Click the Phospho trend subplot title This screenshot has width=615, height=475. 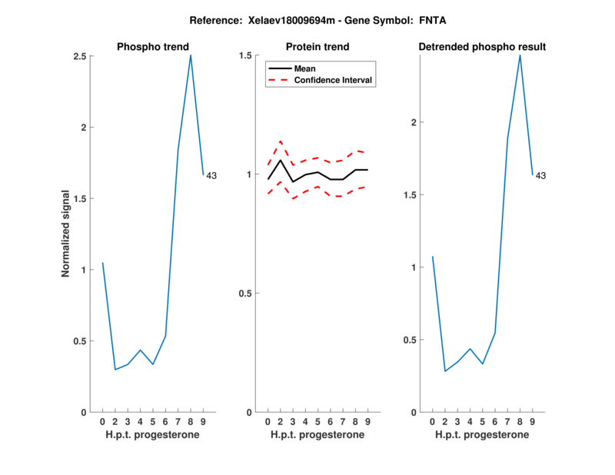(x=152, y=48)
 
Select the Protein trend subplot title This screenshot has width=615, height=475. (x=317, y=48)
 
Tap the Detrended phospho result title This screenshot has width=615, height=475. (x=482, y=48)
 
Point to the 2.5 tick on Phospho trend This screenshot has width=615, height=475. (x=78, y=56)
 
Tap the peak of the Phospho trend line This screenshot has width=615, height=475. (x=191, y=55)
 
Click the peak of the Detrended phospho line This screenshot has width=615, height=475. (x=520, y=55)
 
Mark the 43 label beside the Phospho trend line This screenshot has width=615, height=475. (x=211, y=176)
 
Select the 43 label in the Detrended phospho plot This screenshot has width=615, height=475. (x=540, y=176)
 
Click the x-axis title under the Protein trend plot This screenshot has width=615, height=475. (x=317, y=435)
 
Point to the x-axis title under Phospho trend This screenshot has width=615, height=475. (x=152, y=435)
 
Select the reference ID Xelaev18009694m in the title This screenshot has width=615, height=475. (x=298, y=20)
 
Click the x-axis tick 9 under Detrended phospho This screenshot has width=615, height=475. (x=533, y=421)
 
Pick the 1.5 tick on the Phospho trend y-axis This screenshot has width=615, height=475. (x=78, y=199)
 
